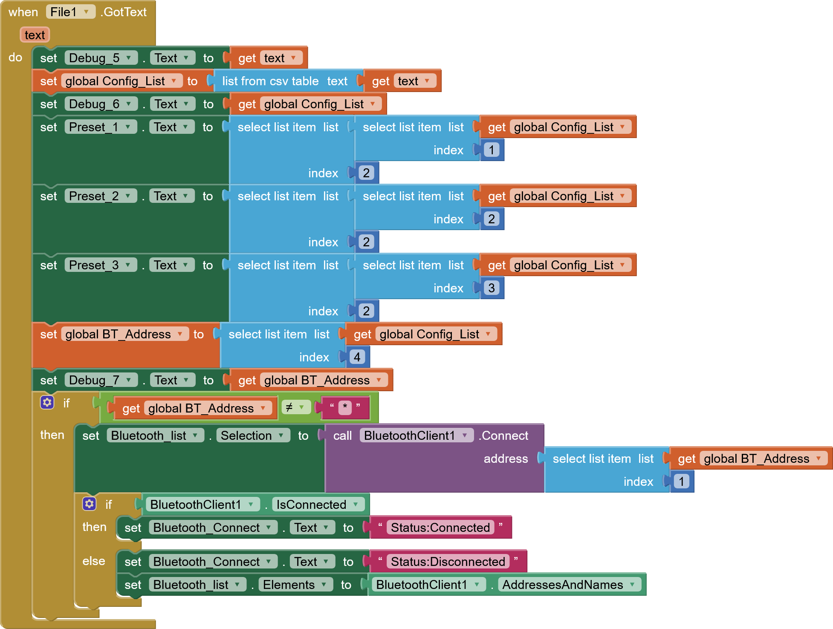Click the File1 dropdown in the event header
click(x=70, y=12)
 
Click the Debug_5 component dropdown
click(x=101, y=58)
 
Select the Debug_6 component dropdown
click(x=101, y=104)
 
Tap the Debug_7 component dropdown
click(x=101, y=380)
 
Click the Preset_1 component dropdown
click(x=100, y=127)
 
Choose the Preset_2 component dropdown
click(x=100, y=196)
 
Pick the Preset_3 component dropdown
click(x=100, y=265)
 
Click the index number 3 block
click(x=492, y=288)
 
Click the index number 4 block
click(x=357, y=357)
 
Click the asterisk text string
click(x=345, y=407)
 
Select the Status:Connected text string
click(x=440, y=528)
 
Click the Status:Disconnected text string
click(x=448, y=562)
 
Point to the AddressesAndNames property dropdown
click(x=569, y=585)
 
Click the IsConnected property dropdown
click(x=317, y=505)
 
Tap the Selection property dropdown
click(x=252, y=436)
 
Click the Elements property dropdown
click(x=295, y=585)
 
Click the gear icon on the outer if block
click(x=47, y=402)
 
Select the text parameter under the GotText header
click(x=35, y=35)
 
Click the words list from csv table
click(x=270, y=81)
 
